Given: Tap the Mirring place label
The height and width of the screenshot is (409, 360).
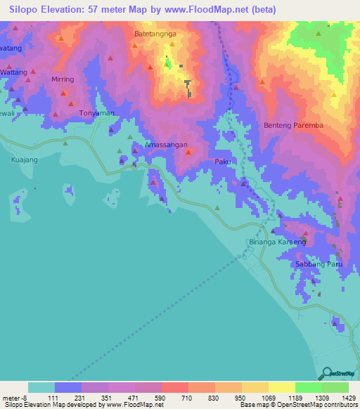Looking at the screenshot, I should [x=63, y=79].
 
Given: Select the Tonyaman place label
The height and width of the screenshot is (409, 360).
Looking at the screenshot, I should [x=96, y=113].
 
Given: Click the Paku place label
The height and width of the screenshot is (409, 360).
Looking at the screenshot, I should [x=223, y=162].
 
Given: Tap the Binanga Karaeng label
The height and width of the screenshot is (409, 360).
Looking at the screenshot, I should [x=278, y=242].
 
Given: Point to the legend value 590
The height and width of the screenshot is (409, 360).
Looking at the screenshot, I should [x=161, y=397].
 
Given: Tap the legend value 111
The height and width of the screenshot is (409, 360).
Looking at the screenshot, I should [x=54, y=397].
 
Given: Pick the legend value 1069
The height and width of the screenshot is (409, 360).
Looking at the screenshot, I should [x=268, y=397].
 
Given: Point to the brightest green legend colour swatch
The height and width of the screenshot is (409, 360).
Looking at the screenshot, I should [x=308, y=387].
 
